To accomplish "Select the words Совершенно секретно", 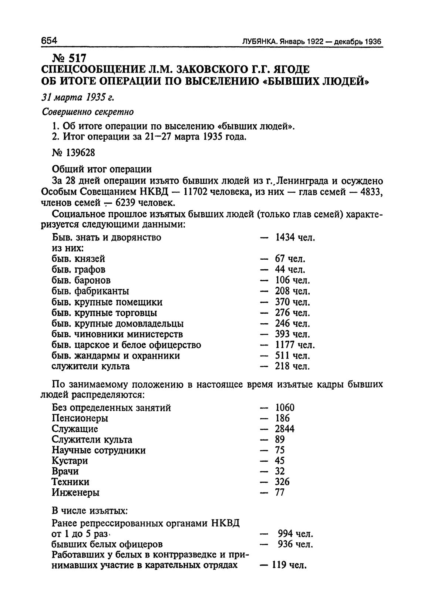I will (87, 111).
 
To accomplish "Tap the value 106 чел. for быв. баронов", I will (292, 280).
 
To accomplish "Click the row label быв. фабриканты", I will (90, 291).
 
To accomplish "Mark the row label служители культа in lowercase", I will (91, 367).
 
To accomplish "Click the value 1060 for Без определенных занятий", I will (285, 408).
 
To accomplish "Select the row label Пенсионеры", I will (80, 419).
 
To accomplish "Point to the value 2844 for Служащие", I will (285, 429).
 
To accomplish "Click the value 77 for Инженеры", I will (280, 493).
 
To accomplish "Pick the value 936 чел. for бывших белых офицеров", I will (296, 545).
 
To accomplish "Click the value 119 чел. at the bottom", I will (290, 566).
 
